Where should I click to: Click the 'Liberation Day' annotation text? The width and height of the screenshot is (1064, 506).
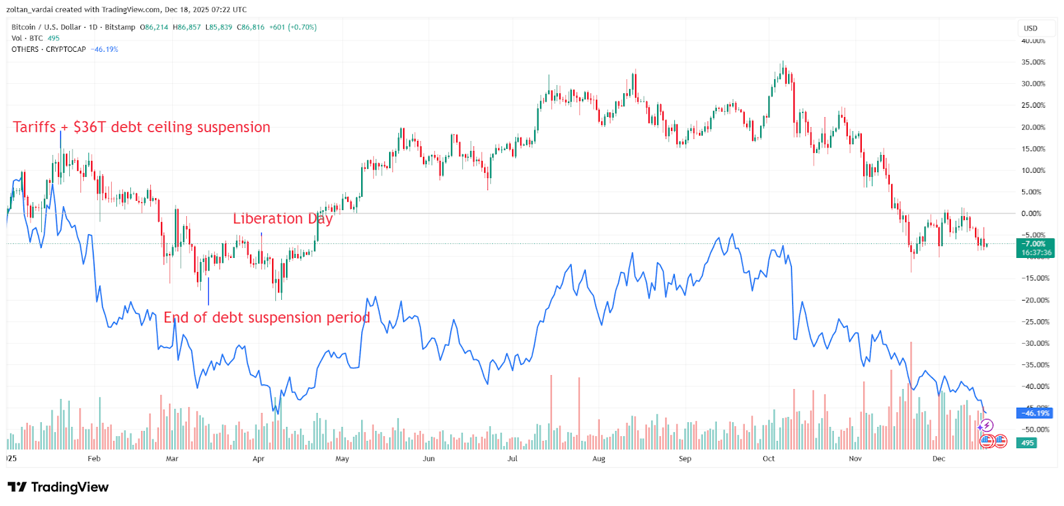pos(282,219)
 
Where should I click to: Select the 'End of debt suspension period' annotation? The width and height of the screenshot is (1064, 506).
pos(266,318)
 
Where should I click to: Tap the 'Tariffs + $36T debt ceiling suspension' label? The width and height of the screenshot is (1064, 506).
pos(142,127)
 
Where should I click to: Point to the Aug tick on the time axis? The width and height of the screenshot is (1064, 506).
pos(598,459)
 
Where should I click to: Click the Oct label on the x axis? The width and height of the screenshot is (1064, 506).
pos(768,459)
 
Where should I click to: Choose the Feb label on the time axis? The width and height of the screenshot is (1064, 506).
pos(94,459)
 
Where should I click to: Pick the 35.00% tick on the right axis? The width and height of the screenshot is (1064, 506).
pos(1033,63)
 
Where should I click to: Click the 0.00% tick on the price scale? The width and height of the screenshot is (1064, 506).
pos(1031,213)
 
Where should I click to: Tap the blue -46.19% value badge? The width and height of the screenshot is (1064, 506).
pos(1035,413)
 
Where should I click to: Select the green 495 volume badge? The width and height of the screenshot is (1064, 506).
pos(1027,443)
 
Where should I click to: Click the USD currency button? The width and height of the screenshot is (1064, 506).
pos(1031,29)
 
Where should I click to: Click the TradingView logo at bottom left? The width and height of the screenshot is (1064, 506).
pos(58,487)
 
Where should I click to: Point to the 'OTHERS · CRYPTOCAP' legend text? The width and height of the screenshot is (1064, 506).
pos(49,50)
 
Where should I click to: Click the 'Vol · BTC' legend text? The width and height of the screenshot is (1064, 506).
pos(27,39)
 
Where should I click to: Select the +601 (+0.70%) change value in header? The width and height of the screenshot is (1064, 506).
pos(293,27)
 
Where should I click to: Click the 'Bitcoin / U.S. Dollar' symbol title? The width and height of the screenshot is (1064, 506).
pos(46,27)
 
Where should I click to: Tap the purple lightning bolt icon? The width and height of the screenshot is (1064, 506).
pos(987,426)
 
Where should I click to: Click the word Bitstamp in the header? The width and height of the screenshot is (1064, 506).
pos(120,27)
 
